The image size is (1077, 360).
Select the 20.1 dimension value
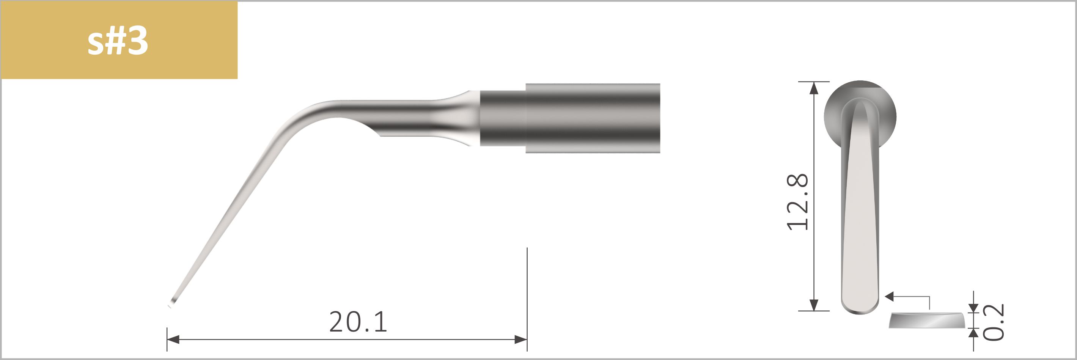358,322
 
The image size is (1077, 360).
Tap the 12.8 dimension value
797,202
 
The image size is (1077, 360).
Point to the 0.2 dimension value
992,322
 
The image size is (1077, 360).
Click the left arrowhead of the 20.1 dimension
173,340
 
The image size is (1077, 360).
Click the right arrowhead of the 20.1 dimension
521,340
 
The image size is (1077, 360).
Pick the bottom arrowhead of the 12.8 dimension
814,305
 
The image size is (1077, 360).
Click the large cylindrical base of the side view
593,118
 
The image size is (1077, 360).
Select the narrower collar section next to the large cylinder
502,118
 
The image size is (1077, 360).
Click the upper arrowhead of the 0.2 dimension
974,308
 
